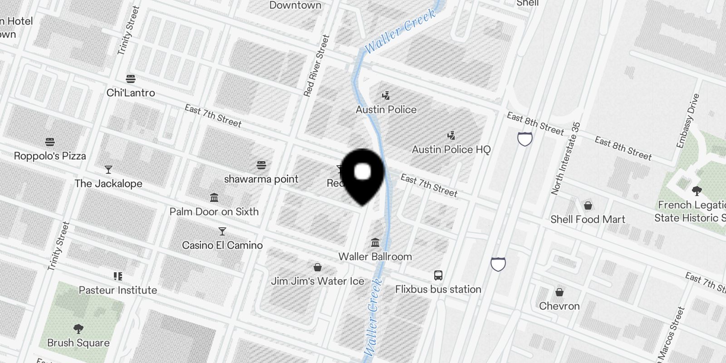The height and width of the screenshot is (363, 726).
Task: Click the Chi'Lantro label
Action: coord(131,93)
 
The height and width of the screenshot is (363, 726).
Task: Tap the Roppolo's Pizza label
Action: coord(50,156)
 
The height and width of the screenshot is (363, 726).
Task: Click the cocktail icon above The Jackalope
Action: coord(108,170)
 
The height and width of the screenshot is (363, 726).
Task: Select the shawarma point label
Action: coord(261,179)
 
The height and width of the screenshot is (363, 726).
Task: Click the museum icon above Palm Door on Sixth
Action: coord(214,198)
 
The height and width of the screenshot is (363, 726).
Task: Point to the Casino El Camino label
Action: coord(222,245)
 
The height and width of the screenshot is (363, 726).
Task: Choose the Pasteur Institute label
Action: coord(118,290)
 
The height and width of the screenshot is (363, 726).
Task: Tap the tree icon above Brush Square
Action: coord(78,329)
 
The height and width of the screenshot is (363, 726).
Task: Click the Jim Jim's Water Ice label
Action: coord(318,281)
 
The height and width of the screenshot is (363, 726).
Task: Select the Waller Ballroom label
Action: coord(375,257)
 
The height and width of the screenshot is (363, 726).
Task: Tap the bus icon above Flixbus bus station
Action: coord(438,275)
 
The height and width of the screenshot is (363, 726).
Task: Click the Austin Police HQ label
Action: coord(451,150)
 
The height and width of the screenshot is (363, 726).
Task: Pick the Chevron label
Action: coord(559,306)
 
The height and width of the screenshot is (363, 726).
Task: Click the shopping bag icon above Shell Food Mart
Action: coord(588,206)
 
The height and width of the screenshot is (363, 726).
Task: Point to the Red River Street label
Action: coord(316,66)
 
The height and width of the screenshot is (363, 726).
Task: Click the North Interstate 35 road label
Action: coord(566,158)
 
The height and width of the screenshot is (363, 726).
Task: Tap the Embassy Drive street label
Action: coord(688,121)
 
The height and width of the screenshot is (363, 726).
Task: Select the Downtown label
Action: coord(295,5)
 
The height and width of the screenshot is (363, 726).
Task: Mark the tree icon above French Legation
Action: coord(696,191)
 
